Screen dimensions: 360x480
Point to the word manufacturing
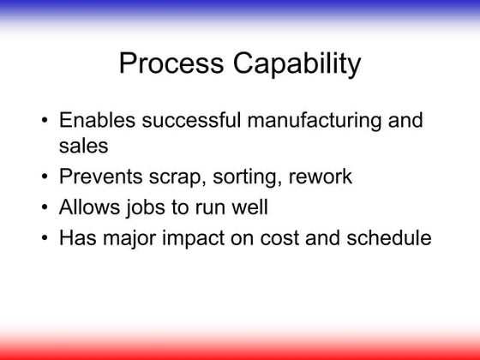point(304,120)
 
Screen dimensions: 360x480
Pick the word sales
point(83,147)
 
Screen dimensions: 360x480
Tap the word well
point(256,207)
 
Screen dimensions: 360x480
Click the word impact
point(195,237)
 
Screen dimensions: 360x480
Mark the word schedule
point(388,237)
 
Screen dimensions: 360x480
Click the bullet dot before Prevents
point(44,178)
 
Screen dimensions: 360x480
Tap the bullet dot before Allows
point(44,208)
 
